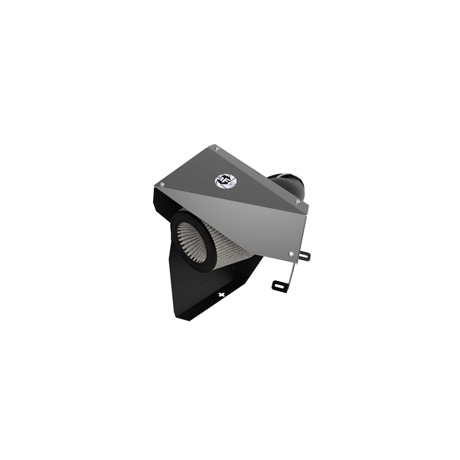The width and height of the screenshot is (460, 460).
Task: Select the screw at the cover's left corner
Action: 162,184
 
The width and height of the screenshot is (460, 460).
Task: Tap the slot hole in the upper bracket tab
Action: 305,256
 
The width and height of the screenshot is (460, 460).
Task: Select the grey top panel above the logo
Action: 215,164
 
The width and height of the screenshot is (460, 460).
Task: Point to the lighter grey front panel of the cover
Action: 256,215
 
